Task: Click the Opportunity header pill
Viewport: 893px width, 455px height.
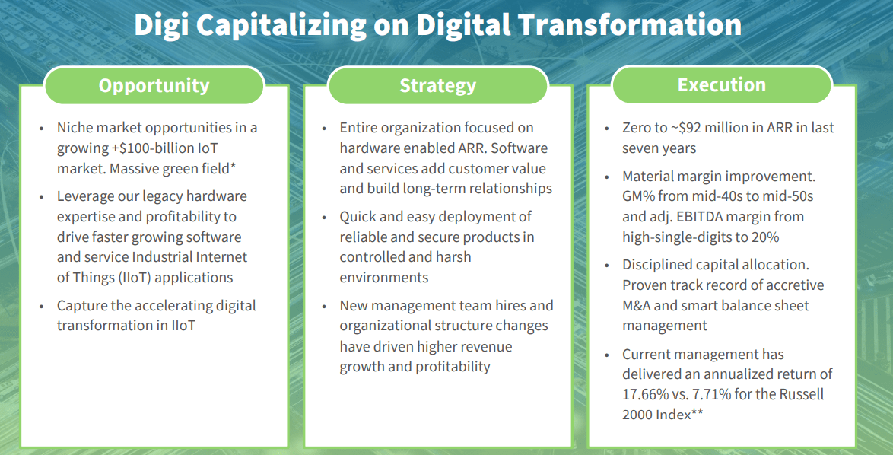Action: click(x=154, y=85)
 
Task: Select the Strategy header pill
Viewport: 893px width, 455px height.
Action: click(x=437, y=85)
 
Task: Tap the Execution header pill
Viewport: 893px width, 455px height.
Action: click(x=722, y=85)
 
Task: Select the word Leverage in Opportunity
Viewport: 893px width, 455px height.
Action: click(x=83, y=196)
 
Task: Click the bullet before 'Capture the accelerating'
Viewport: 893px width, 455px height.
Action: click(x=42, y=307)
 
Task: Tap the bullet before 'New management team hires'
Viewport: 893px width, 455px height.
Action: click(x=325, y=307)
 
